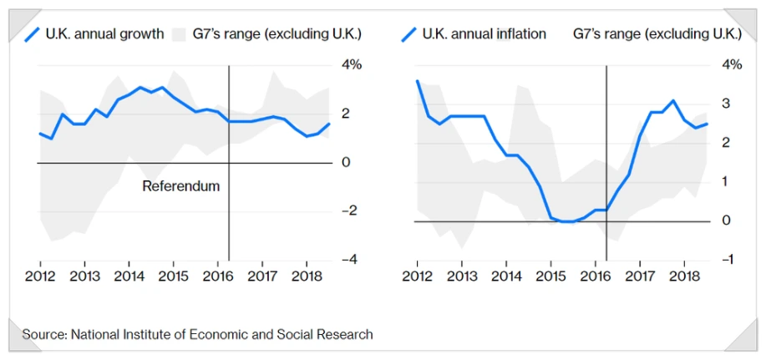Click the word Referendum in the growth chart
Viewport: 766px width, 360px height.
click(x=180, y=185)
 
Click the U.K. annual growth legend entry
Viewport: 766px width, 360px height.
click(x=105, y=34)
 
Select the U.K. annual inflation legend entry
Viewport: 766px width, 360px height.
click(x=484, y=34)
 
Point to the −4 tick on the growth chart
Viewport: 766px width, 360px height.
click(x=350, y=259)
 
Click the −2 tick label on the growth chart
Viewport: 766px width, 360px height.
click(x=350, y=210)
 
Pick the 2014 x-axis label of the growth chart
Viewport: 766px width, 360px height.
click(x=128, y=276)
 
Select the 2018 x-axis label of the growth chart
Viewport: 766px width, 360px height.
click(x=307, y=276)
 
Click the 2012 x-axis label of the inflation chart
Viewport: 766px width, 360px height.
click(x=417, y=276)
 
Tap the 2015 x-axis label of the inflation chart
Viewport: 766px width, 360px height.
click(x=550, y=276)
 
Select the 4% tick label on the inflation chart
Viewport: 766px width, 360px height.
click(x=731, y=65)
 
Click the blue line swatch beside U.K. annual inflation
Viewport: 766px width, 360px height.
click(x=408, y=34)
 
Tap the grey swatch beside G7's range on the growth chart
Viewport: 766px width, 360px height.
click(x=178, y=34)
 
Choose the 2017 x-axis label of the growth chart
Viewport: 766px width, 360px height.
click(x=262, y=276)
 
